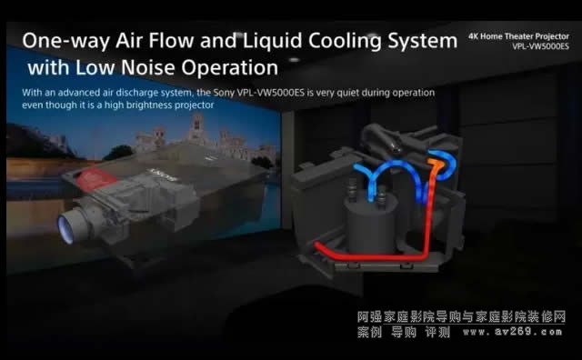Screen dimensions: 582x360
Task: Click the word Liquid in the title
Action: pyautogui.click(x=273, y=41)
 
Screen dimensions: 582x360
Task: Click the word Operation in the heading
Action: pyautogui.click(x=230, y=68)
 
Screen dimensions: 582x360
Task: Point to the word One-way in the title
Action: pyautogui.click(x=66, y=41)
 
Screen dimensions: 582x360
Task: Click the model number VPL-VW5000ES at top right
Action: pyautogui.click(x=540, y=46)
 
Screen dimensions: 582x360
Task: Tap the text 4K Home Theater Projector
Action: pyautogui.click(x=518, y=36)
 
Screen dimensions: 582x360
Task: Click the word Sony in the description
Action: pyautogui.click(x=224, y=93)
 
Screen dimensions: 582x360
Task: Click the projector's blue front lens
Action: pyautogui.click(x=65, y=229)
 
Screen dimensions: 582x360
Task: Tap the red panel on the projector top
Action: pyautogui.click(x=95, y=178)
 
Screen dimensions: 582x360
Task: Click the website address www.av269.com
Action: pyautogui.click(x=513, y=332)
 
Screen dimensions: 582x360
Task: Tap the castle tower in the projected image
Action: pyautogui.click(x=197, y=128)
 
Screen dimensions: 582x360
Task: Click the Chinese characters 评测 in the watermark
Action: pyautogui.click(x=437, y=332)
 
